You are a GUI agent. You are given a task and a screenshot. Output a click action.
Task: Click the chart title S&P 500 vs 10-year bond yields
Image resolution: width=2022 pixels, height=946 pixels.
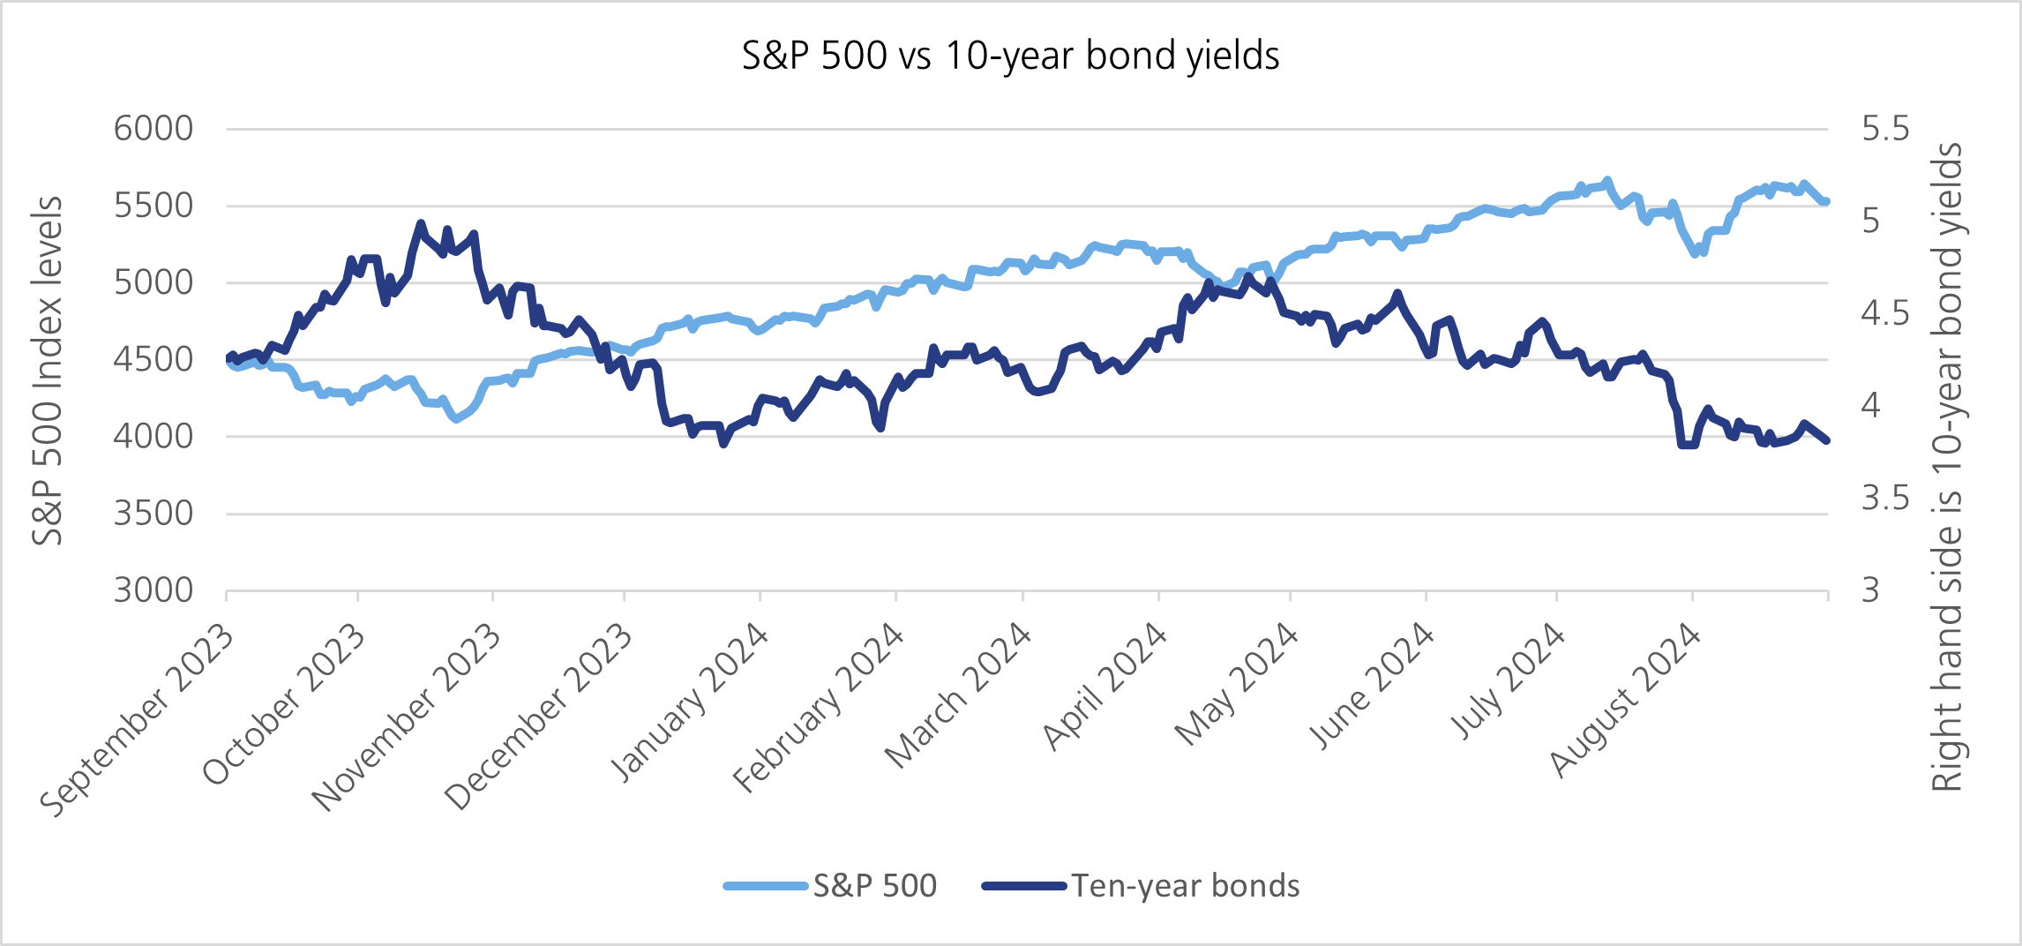[x=1010, y=56]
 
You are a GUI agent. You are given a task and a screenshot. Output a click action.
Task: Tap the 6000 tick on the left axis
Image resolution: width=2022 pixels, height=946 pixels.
[x=154, y=129]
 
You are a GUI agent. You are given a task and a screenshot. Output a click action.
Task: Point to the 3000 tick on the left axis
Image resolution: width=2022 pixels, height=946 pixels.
[x=154, y=590]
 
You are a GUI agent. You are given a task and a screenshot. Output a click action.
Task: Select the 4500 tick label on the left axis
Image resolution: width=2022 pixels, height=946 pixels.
[x=154, y=359]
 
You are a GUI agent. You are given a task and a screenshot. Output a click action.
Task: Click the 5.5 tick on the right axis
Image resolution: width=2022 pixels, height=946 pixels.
[x=1885, y=129]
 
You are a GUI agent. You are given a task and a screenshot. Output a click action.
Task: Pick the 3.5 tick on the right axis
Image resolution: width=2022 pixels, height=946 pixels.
[x=1885, y=499]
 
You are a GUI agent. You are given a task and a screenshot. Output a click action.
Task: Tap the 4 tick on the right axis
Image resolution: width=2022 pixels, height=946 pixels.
[x=1871, y=406]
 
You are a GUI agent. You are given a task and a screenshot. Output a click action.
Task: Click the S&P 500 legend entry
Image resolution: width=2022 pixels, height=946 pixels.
[x=873, y=885]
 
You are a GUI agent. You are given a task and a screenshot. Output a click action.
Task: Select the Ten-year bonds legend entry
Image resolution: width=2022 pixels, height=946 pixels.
[x=1185, y=885]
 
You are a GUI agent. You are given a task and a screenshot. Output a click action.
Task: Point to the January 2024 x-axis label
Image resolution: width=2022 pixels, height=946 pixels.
[x=691, y=702]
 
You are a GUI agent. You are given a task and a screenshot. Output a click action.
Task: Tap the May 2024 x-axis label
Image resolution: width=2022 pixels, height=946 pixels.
[x=1237, y=684]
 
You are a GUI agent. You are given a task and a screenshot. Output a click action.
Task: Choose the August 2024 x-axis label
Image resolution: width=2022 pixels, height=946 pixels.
[x=1626, y=700]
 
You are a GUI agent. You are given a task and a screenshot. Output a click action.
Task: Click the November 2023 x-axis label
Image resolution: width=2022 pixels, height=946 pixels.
[x=407, y=717]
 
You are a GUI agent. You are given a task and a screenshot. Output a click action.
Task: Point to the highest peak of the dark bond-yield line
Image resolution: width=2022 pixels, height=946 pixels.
[x=420, y=223]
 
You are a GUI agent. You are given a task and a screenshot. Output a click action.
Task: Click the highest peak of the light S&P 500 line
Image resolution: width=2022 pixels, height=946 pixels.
[x=1607, y=181]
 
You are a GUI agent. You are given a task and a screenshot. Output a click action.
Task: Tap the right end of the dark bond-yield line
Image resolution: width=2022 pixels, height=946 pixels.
[x=1826, y=439]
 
